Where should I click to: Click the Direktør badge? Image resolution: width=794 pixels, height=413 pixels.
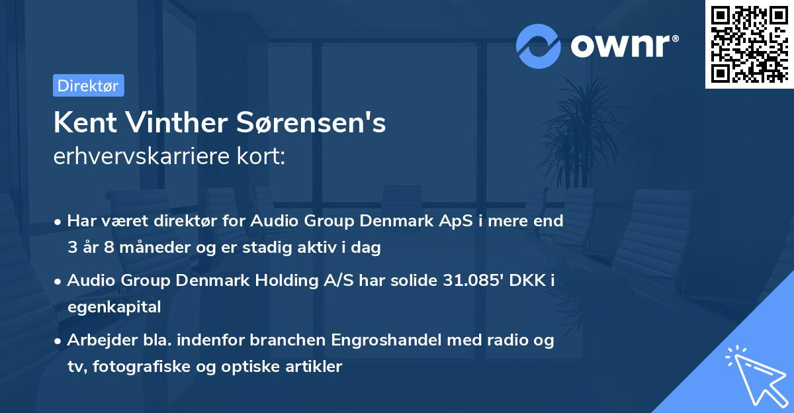tap(88, 85)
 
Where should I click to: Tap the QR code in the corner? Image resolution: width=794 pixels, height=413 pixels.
tap(749, 44)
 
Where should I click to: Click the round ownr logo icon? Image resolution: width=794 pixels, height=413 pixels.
tap(539, 46)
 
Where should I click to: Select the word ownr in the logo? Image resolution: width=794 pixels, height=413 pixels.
tap(624, 46)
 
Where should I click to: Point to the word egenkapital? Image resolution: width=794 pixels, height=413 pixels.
tap(114, 306)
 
